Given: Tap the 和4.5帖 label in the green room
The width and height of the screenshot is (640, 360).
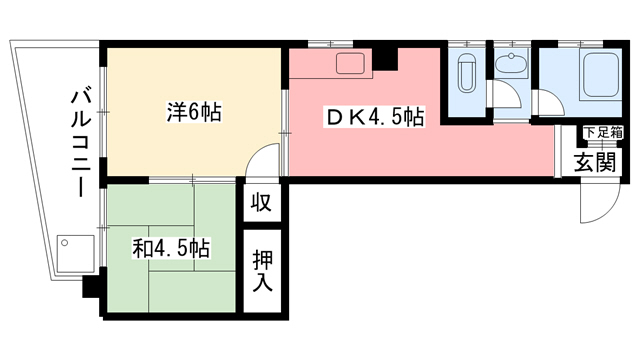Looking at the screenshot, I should [x=171, y=248].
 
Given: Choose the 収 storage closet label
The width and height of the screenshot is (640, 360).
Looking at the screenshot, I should [x=261, y=202].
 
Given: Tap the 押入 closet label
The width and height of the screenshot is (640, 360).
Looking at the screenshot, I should [x=262, y=268].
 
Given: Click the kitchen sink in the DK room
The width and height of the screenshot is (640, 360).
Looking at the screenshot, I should [x=351, y=64].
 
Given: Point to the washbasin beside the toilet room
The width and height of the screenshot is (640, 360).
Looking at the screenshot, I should [x=510, y=66].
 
